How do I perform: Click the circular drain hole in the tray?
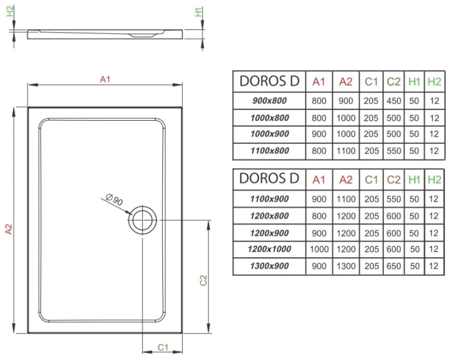click(x=142, y=220)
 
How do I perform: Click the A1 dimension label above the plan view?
click(x=106, y=79)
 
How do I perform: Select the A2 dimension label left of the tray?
click(x=8, y=229)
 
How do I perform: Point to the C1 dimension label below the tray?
click(x=162, y=347)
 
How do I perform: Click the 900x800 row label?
click(x=269, y=101)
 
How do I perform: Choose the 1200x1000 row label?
click(x=269, y=249)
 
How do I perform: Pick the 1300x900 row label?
click(x=269, y=266)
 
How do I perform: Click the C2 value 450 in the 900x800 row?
click(x=394, y=101)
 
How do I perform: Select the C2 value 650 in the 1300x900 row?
click(x=394, y=266)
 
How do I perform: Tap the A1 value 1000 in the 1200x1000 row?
click(x=319, y=249)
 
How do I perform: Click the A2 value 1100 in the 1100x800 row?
click(x=346, y=151)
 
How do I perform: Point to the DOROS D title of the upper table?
click(x=269, y=81)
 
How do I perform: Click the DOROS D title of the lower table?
click(x=269, y=178)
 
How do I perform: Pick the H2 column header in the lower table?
click(x=434, y=179)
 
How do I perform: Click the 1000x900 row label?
click(x=269, y=135)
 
